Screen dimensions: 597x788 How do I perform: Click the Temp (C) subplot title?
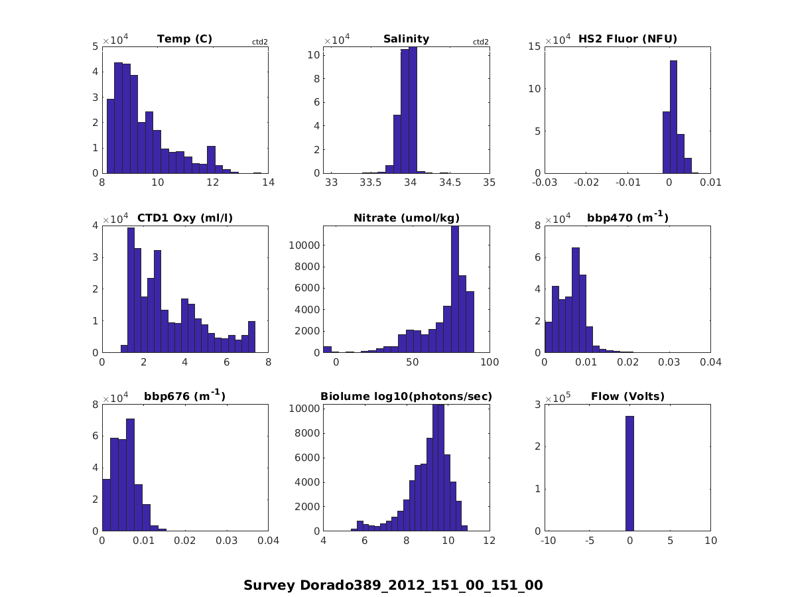pyautogui.click(x=184, y=39)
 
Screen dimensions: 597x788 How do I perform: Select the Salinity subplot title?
pyautogui.click(x=406, y=39)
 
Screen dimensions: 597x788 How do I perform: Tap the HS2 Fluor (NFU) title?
pyautogui.click(x=627, y=39)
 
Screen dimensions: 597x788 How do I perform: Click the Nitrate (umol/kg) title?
pyautogui.click(x=406, y=218)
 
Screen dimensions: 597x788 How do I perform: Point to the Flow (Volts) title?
pyautogui.click(x=627, y=397)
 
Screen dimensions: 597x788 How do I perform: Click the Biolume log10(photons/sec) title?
pyautogui.click(x=406, y=397)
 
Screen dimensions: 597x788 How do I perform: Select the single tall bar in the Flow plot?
pyautogui.click(x=629, y=474)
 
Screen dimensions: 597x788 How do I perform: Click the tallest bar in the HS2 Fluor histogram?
pyautogui.click(x=673, y=117)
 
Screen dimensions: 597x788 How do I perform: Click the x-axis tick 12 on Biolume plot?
pyautogui.click(x=490, y=541)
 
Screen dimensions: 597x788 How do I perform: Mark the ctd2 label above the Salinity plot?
pyautogui.click(x=480, y=42)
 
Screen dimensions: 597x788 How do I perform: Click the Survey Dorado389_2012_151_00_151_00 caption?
pyautogui.click(x=393, y=585)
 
